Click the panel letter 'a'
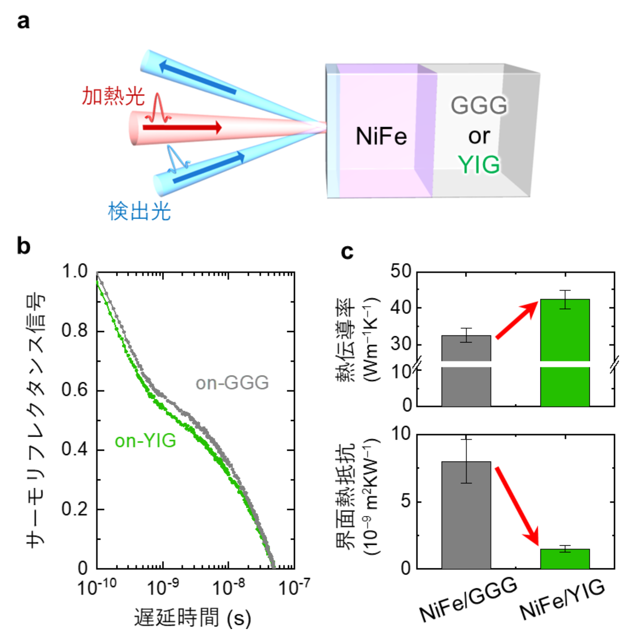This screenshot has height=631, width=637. [x=23, y=21]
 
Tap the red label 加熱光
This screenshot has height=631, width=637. [x=113, y=96]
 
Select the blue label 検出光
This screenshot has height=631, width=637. [x=139, y=211]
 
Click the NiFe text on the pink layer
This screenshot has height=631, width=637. [x=381, y=136]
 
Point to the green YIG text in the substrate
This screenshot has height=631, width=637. [x=479, y=165]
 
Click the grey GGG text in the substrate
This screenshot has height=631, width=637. [x=479, y=105]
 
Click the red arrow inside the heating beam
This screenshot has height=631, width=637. [x=182, y=127]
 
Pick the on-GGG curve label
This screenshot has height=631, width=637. [x=232, y=383]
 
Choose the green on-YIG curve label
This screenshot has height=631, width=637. [x=145, y=441]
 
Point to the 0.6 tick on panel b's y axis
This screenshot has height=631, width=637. [x=74, y=390]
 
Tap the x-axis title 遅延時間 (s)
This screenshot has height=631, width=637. [x=193, y=618]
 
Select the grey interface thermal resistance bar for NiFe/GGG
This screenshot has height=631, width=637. [x=466, y=515]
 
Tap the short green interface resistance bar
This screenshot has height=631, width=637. [x=565, y=559]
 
